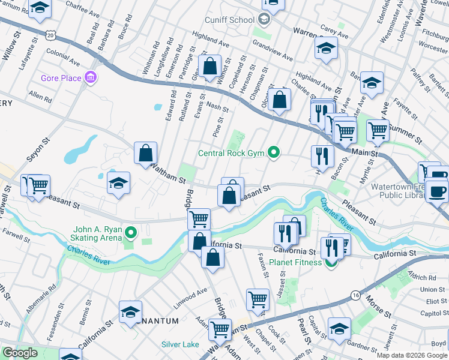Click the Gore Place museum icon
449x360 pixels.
tap(91, 77)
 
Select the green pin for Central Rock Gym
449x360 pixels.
tap(274, 152)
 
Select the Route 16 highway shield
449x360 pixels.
tap(355, 295)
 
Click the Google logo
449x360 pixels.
tap(20, 353)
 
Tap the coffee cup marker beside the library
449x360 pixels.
tap(436, 191)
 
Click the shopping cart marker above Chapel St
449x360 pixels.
tap(258, 298)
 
